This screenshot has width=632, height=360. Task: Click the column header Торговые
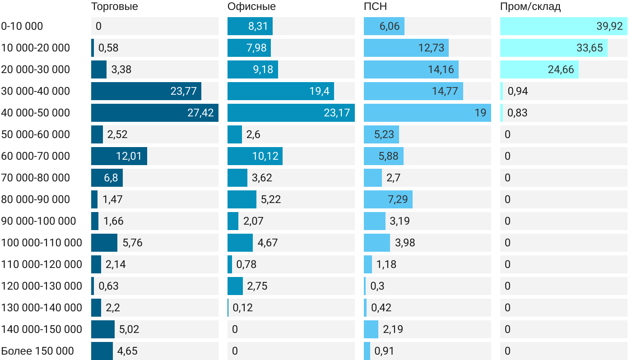click(x=115, y=6)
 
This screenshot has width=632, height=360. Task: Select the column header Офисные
click(x=251, y=6)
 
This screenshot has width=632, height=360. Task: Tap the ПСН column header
click(x=375, y=6)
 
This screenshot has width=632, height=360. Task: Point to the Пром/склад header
click(x=530, y=6)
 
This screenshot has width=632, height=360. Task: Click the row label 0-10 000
click(x=22, y=26)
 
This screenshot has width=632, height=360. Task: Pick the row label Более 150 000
click(x=37, y=351)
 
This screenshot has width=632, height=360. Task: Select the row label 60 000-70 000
click(x=36, y=156)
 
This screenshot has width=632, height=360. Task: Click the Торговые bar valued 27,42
click(x=154, y=113)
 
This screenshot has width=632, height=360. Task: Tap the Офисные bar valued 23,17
click(x=291, y=113)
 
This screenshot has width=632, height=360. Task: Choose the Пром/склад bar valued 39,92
click(x=563, y=26)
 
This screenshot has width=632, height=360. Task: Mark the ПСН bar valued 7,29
click(x=388, y=199)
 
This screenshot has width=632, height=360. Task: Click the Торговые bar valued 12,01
click(x=119, y=156)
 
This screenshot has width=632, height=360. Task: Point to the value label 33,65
click(x=590, y=48)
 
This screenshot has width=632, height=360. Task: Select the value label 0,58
click(x=108, y=48)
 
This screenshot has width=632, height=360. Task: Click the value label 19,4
click(x=319, y=91)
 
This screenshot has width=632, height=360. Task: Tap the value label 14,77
click(x=445, y=91)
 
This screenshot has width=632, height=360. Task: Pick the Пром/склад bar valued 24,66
click(x=539, y=69)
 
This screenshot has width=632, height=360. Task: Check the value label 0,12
click(x=243, y=308)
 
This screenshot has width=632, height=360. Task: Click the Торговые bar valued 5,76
click(x=104, y=243)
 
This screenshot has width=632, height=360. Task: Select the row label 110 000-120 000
click(x=42, y=264)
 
